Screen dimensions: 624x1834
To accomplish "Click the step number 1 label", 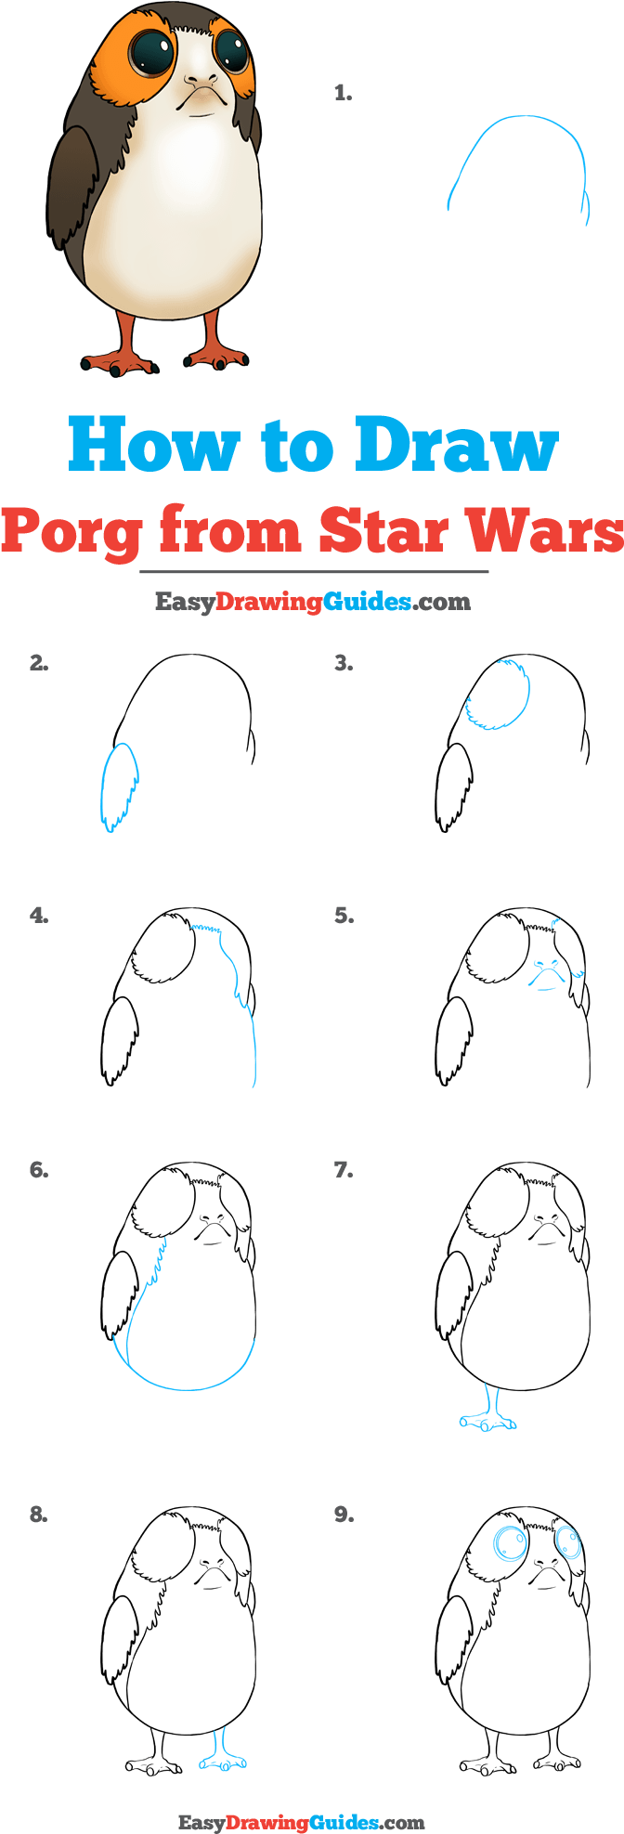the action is (343, 93).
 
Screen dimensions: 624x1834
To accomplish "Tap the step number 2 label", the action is (39, 663).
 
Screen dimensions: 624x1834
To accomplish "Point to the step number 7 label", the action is (344, 1170).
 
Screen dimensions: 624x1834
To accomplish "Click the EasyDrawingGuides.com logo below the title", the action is (313, 602).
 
